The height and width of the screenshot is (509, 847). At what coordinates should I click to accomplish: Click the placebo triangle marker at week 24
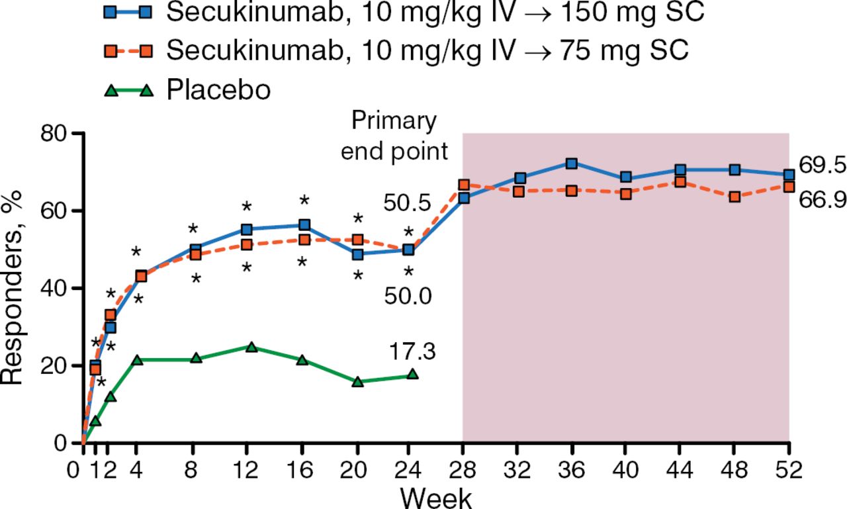click(413, 374)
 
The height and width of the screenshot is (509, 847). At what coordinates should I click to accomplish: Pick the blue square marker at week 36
click(572, 163)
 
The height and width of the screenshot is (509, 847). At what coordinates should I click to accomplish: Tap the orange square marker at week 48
click(735, 197)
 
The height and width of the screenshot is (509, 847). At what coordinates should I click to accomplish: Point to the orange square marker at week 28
click(464, 185)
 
